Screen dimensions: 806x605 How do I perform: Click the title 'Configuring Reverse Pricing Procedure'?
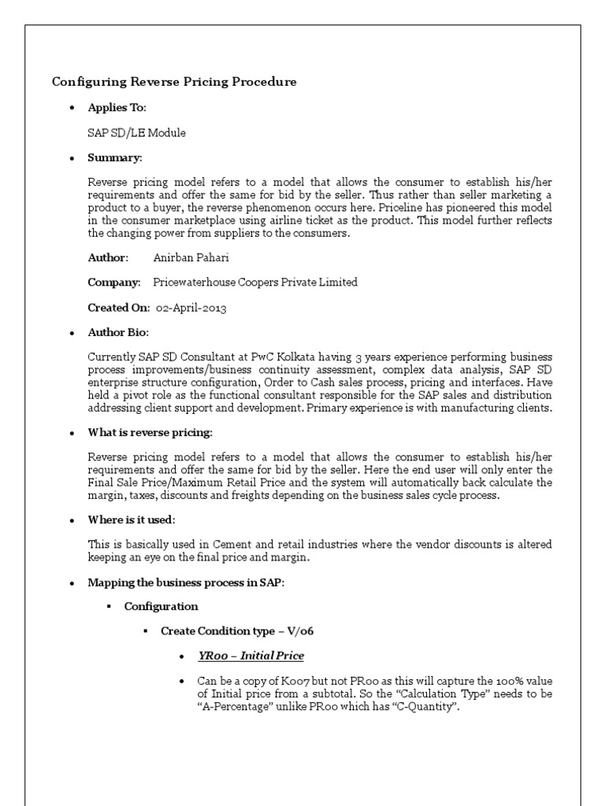174,82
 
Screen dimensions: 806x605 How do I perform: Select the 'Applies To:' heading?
117,107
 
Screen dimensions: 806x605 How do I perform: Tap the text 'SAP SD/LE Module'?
136,133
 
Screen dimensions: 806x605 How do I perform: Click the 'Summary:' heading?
114,158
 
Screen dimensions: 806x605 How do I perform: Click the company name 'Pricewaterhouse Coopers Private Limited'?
254,283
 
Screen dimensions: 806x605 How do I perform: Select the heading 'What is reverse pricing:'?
150,433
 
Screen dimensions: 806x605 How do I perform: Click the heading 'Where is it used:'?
132,520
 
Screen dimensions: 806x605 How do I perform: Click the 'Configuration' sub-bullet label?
161,606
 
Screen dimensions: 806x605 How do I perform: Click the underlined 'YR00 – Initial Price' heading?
251,656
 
